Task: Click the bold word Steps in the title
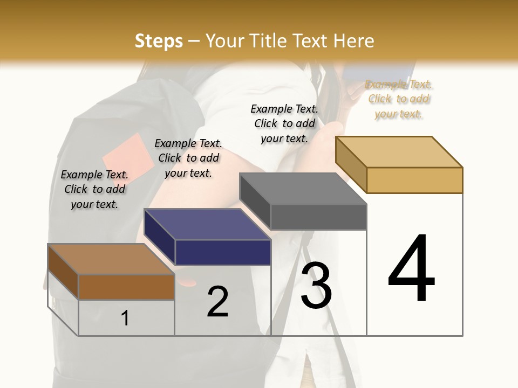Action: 159,41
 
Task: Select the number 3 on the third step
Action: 316,285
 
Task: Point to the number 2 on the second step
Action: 217,302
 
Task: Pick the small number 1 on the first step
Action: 125,318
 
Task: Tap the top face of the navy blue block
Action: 207,224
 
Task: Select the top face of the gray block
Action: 303,189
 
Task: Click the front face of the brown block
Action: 126,287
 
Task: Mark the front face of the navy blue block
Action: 223,252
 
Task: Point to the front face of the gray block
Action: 318,217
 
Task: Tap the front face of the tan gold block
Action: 414,180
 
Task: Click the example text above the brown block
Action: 95,189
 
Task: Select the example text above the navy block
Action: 188,158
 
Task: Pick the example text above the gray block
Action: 284,123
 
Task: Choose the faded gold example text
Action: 399,99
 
